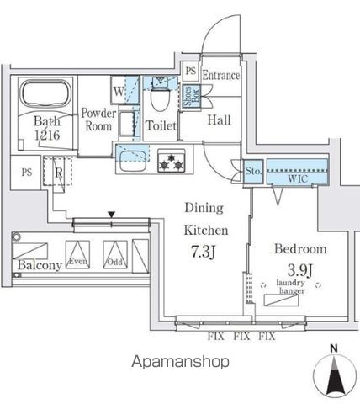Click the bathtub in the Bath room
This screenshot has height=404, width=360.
pyautogui.click(x=45, y=93)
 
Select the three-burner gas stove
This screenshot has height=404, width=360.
pyautogui.click(x=172, y=161)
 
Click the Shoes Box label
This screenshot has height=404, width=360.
pyautogui.click(x=192, y=96)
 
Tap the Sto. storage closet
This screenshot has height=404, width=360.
pyautogui.click(x=253, y=171)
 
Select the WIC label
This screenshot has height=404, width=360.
pyautogui.click(x=298, y=178)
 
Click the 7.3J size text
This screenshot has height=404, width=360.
pyautogui.click(x=204, y=252)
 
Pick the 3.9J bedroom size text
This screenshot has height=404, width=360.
pyautogui.click(x=300, y=269)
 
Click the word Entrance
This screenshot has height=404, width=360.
pyautogui.click(x=221, y=75)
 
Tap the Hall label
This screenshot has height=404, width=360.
pyautogui.click(x=219, y=120)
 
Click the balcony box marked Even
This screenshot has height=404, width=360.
pyautogui.click(x=77, y=254)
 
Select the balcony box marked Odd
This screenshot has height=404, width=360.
pyautogui.click(x=115, y=254)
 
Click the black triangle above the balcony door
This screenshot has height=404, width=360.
pyautogui.click(x=112, y=215)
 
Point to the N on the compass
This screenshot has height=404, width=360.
pyautogui.click(x=334, y=348)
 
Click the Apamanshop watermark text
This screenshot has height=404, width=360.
pyautogui.click(x=180, y=362)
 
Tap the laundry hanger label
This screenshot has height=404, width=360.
pyautogui.click(x=290, y=286)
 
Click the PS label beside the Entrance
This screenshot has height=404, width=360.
pyautogui.click(x=191, y=71)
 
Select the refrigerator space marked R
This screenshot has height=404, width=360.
pyautogui.click(x=58, y=171)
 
